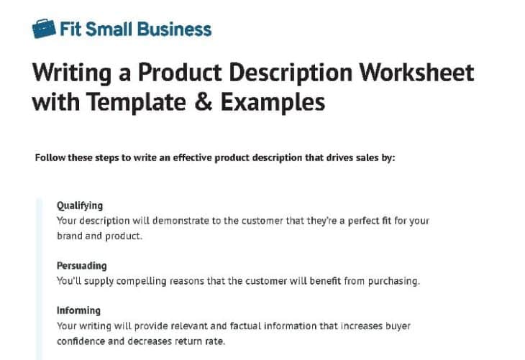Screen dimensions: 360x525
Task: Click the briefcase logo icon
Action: click(x=43, y=28)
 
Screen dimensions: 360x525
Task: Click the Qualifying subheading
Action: click(x=80, y=206)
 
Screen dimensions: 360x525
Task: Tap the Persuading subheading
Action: click(x=81, y=266)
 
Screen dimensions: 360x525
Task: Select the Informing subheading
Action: click(x=78, y=310)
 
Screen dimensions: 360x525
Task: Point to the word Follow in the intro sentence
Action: click(x=50, y=158)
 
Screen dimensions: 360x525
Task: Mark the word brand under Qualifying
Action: click(x=70, y=236)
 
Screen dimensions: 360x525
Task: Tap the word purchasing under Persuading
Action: click(x=393, y=281)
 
